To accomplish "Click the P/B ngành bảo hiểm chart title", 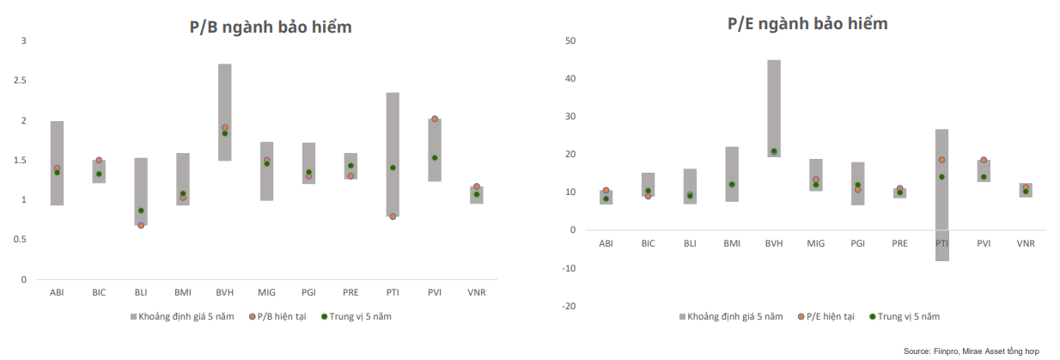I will [271, 27].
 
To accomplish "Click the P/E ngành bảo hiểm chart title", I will [807, 24].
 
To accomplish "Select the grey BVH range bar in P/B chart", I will [224, 95].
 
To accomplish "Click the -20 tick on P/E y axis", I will [568, 307].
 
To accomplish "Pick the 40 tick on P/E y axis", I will [570, 79].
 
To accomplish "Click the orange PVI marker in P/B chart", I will [435, 119].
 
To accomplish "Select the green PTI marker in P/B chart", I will [393, 168].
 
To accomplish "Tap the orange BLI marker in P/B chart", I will [141, 225].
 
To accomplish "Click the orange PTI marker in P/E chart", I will [941, 160].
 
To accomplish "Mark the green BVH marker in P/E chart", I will [774, 151].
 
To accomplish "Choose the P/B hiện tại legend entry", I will [277, 317].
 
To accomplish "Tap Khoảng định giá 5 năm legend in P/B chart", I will [182, 317].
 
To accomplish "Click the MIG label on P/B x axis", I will [266, 293].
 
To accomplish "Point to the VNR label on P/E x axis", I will [1026, 244].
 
